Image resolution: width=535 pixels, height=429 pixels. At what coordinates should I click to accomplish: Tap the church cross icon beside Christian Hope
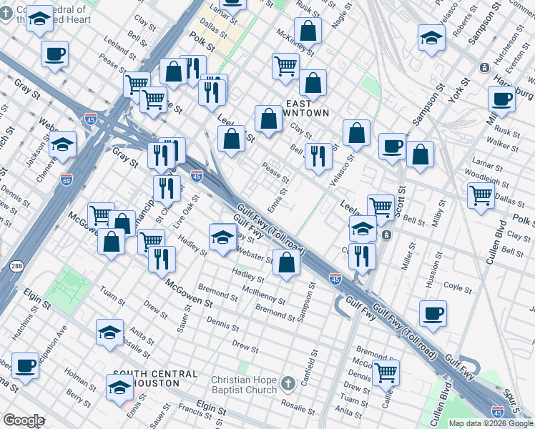coord(288,384)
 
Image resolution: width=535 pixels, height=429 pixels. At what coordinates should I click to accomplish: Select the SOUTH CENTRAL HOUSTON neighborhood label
coord(155,378)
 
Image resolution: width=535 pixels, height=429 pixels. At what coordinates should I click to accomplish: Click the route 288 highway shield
coord(16,267)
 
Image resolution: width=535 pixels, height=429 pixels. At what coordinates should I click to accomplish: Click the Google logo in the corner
coord(24,420)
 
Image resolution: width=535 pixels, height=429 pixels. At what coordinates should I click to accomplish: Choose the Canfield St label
coord(313,365)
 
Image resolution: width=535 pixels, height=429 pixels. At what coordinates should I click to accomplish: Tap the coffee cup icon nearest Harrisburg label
coord(502,99)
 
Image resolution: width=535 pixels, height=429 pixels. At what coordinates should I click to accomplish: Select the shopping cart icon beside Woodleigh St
coord(481,194)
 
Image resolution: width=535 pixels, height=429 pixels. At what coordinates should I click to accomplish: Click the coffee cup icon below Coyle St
coord(433,312)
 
